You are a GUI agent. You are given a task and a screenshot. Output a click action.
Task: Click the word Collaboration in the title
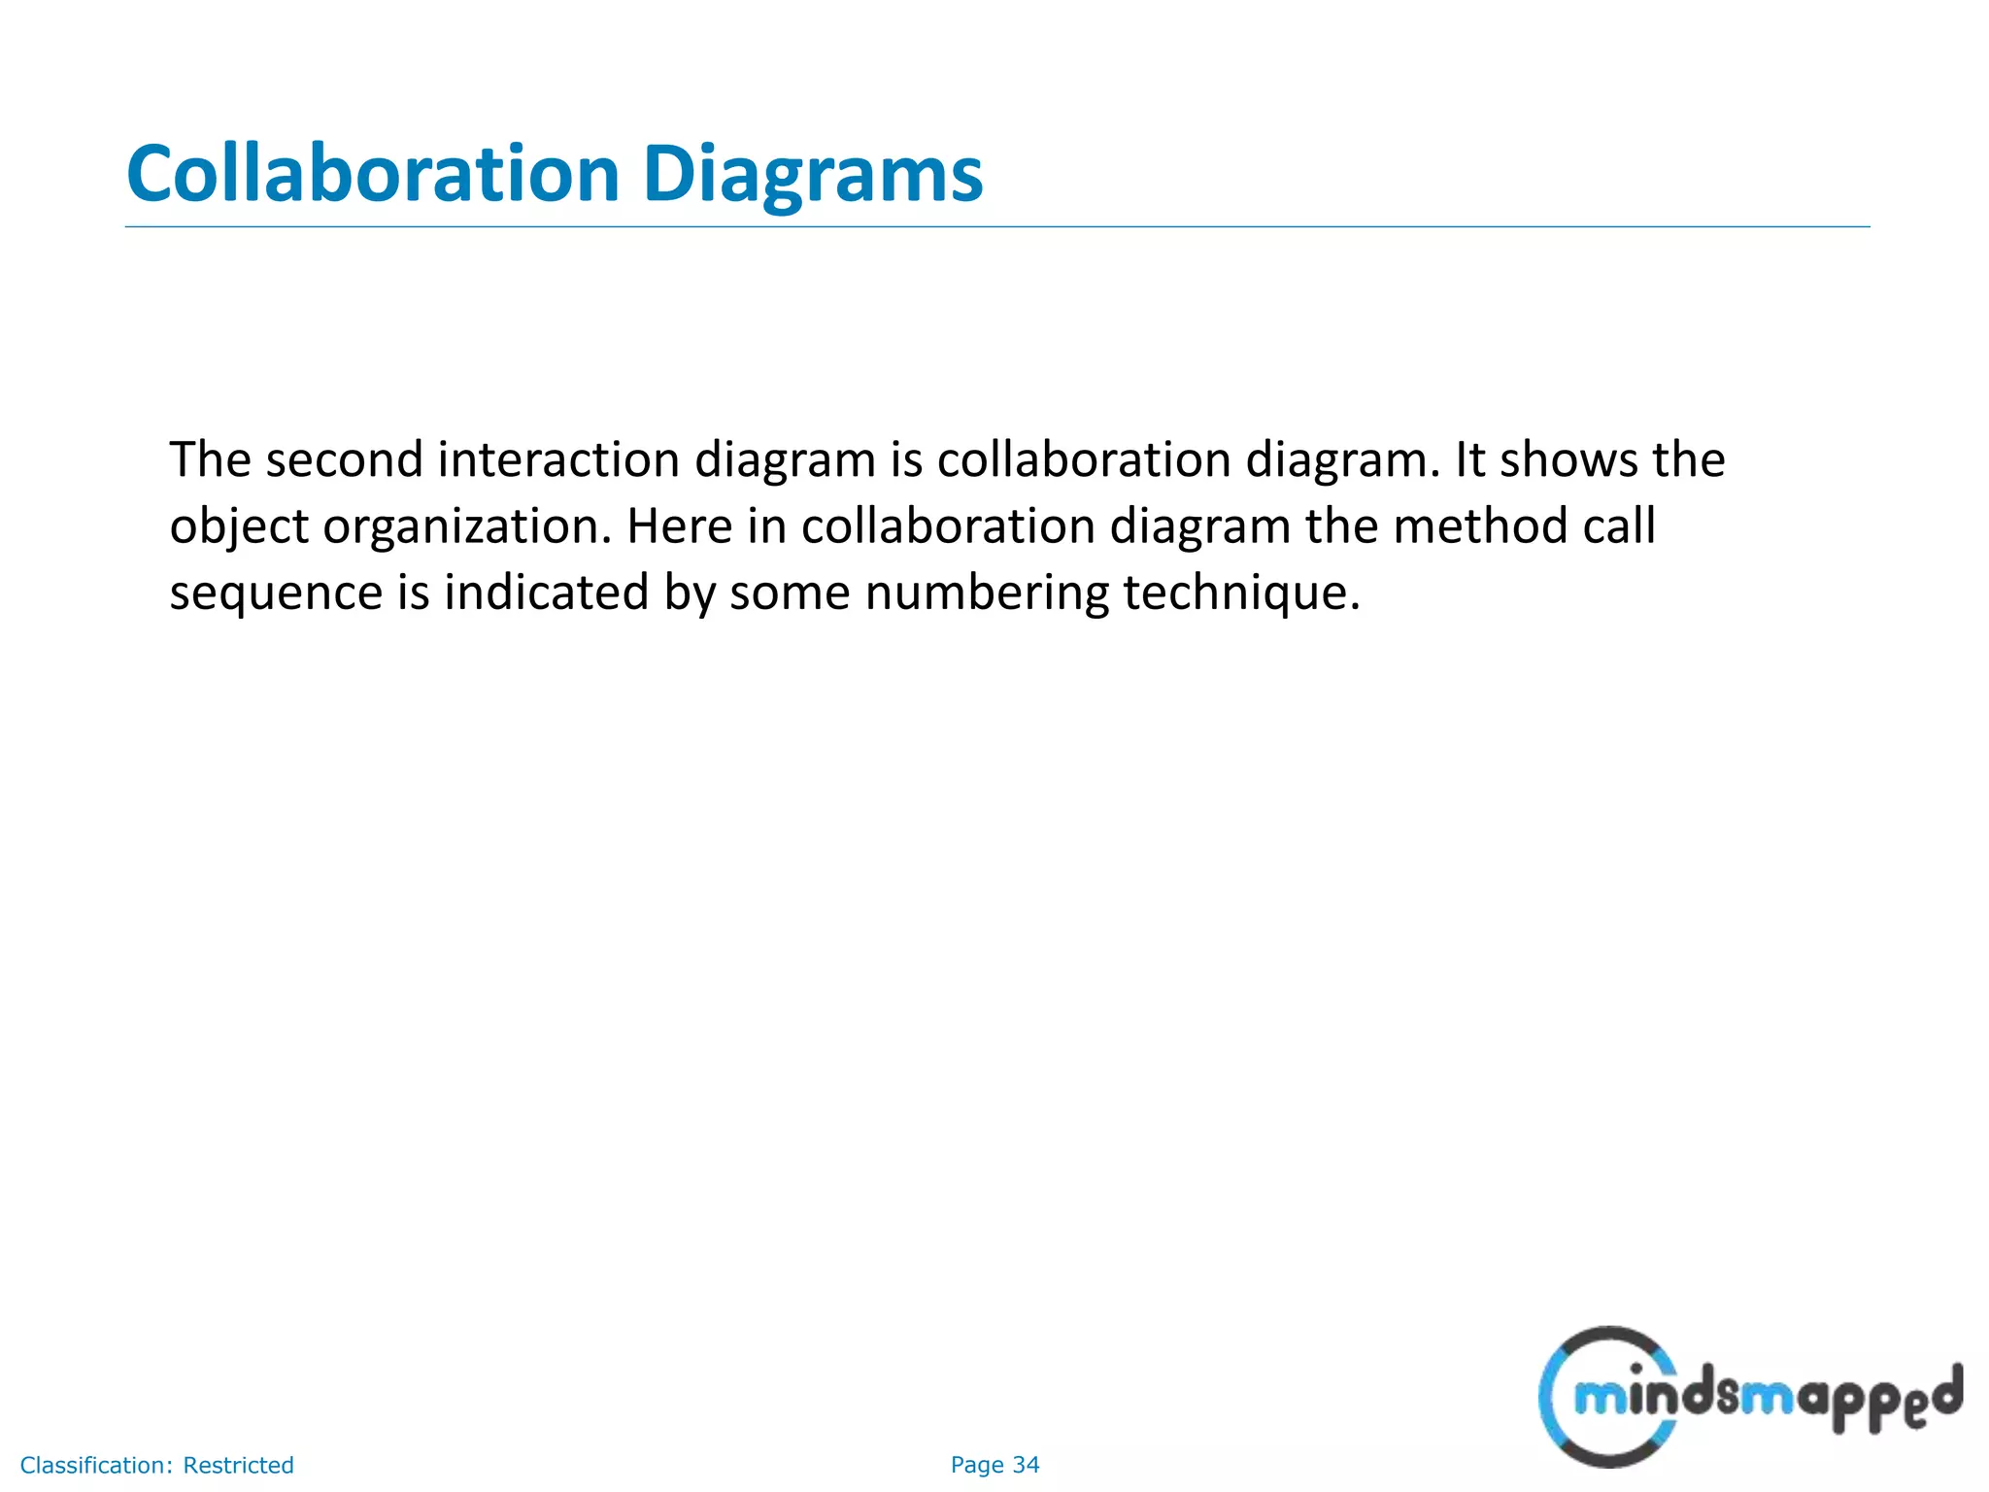click(x=373, y=175)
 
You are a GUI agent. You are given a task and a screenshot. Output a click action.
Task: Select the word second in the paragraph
click(x=344, y=459)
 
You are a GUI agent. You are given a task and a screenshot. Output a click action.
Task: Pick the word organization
click(x=467, y=527)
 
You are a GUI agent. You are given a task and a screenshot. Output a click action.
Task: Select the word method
click(x=1480, y=526)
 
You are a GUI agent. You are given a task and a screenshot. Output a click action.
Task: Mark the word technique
click(x=1241, y=593)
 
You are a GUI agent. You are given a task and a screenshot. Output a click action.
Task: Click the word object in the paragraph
click(x=238, y=527)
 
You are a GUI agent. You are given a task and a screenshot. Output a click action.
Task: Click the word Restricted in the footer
click(x=238, y=1465)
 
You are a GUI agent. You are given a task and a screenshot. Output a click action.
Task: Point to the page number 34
click(x=1026, y=1465)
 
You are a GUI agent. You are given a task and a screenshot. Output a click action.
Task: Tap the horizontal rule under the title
click(x=996, y=227)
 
